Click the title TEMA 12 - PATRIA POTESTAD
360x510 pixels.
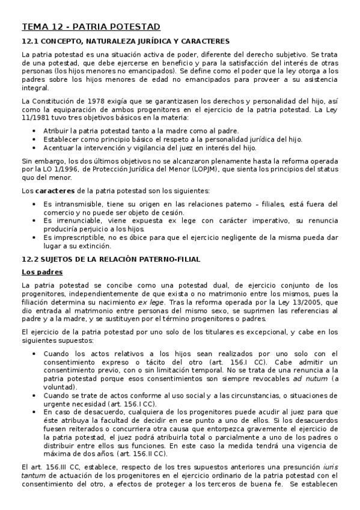pos(90,26)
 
